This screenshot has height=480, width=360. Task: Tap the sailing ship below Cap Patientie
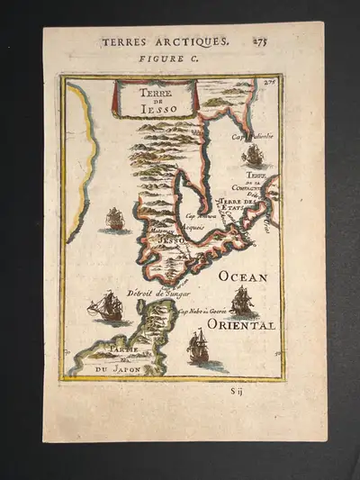pyautogui.click(x=253, y=156)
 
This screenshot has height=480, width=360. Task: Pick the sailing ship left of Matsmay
pyautogui.click(x=113, y=219)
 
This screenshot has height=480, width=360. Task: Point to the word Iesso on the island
pyautogui.click(x=170, y=241)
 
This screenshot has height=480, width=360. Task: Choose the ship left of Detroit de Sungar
pyautogui.click(x=107, y=307)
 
